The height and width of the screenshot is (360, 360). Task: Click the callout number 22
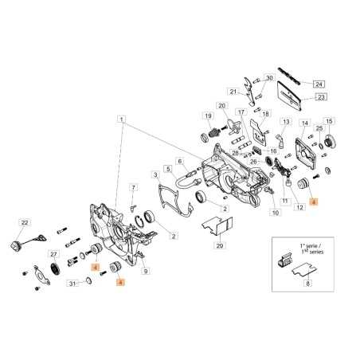[x=25, y=222]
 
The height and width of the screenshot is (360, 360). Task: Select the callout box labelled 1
[x=121, y=119]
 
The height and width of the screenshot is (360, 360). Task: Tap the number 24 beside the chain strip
[x=319, y=84]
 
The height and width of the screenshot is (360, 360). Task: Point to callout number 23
[x=322, y=97]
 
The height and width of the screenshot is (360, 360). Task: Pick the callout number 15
[x=330, y=121]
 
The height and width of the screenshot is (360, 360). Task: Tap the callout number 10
[x=276, y=213]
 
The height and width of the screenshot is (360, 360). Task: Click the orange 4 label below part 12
[x=313, y=203]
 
